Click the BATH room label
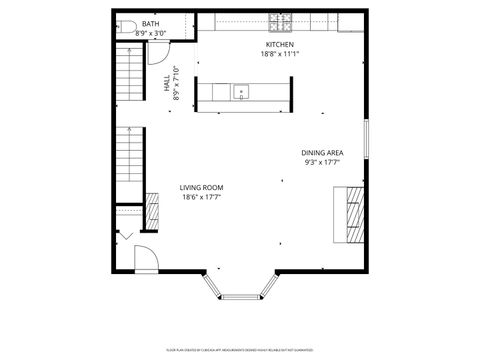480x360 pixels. (150, 23)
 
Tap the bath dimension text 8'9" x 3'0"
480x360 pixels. (150, 32)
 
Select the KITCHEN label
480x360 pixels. (280, 45)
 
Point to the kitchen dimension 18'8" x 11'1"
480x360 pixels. (280, 54)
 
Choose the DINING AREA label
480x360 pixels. (322, 153)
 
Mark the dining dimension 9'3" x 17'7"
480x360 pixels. (322, 162)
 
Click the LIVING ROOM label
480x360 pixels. (201, 188)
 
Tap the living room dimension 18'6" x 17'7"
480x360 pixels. (201, 197)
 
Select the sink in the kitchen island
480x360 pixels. (241, 93)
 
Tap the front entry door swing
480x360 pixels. (143, 258)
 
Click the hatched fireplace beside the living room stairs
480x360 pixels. (152, 209)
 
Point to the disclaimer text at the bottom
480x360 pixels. (240, 351)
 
